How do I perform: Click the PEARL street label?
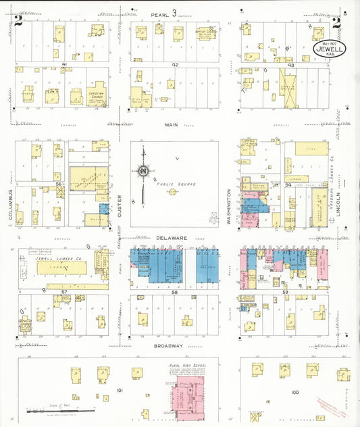click(159, 14)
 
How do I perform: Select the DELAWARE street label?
click(175, 238)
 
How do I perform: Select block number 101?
click(120, 391)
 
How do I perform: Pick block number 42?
click(174, 64)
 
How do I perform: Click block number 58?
click(174, 291)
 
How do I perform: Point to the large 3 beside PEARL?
click(174, 13)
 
